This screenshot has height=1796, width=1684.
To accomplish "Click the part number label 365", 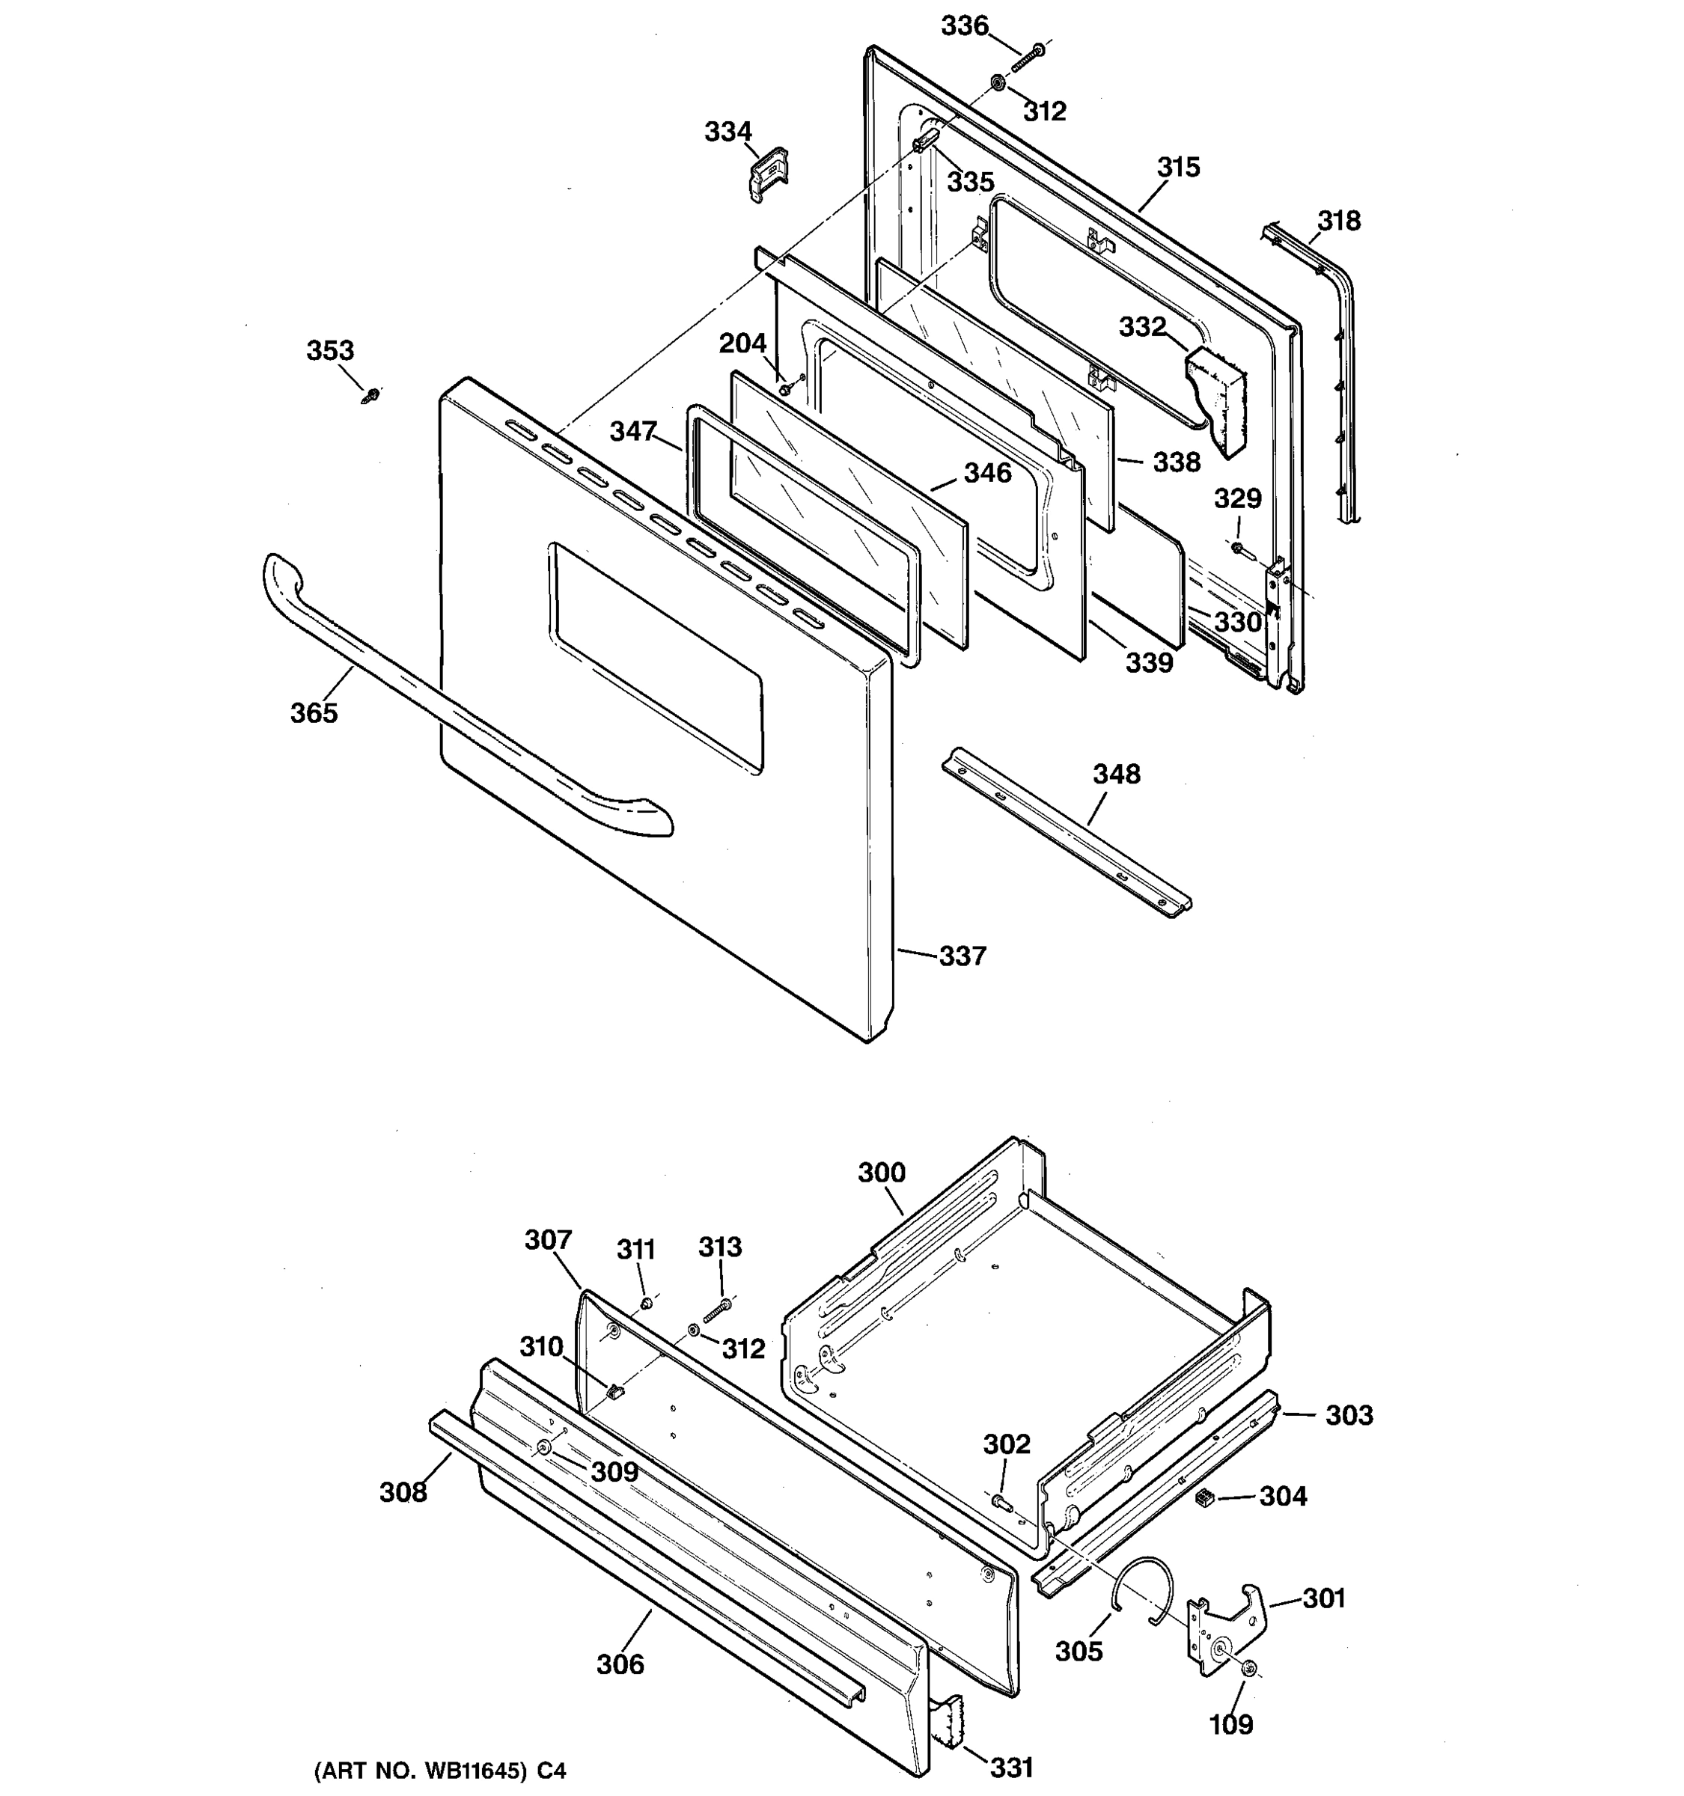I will tap(314, 713).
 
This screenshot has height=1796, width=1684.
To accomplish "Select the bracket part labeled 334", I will tap(767, 174).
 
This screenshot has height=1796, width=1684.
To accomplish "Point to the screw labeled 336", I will tap(1027, 58).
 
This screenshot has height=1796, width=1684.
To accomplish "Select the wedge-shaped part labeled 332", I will tap(1215, 397).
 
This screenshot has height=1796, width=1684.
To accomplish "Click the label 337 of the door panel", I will tap(962, 956).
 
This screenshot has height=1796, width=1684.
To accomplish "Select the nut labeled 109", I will tap(1249, 1670).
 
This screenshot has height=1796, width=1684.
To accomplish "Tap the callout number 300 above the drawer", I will tap(881, 1173).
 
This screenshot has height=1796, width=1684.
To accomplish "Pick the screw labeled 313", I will tap(716, 1309).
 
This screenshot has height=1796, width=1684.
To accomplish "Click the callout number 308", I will tap(402, 1491).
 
